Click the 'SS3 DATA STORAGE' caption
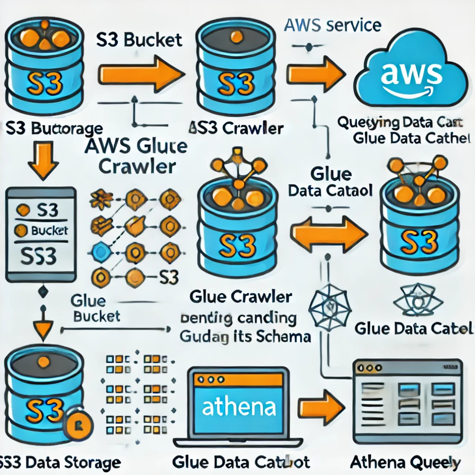pos(60,462)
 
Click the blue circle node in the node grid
pos(99,252)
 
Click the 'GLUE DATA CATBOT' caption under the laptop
pos(240,462)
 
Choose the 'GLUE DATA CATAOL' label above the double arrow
pos(330,183)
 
